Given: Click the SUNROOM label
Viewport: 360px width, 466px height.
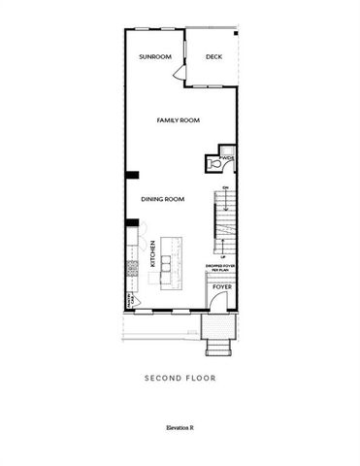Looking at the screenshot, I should (154, 57).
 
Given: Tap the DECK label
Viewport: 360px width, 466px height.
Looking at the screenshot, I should (214, 57).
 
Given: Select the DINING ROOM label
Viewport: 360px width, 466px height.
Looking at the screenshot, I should (162, 199).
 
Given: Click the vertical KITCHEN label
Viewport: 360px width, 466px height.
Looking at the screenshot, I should (152, 254).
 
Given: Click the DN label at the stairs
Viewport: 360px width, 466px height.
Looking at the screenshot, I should (225, 188).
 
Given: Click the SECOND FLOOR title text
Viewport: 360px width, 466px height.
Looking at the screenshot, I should (180, 377).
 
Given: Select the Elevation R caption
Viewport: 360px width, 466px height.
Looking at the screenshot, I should (180, 425).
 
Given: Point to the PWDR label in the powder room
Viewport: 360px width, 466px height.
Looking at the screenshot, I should (227, 155).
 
